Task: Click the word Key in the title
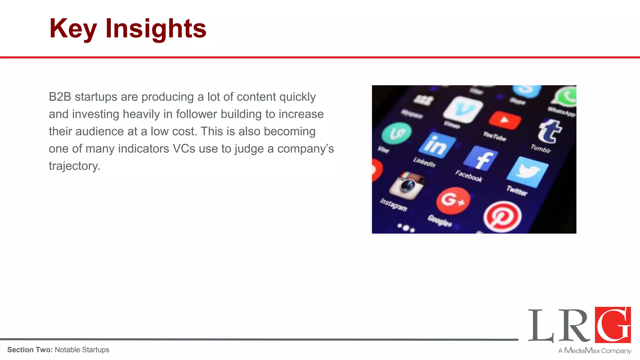point(73,29)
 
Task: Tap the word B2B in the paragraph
point(60,97)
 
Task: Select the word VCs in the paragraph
point(184,149)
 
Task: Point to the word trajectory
point(74,166)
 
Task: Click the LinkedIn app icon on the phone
point(437,145)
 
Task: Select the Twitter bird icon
point(527,172)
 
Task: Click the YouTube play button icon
point(505,120)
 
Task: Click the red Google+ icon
point(453,201)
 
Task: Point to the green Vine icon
point(397,133)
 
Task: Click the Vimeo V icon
point(463,109)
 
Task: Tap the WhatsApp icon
point(566,97)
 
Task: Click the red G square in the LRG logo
point(613,325)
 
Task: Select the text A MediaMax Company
point(594,351)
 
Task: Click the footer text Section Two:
point(30,350)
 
